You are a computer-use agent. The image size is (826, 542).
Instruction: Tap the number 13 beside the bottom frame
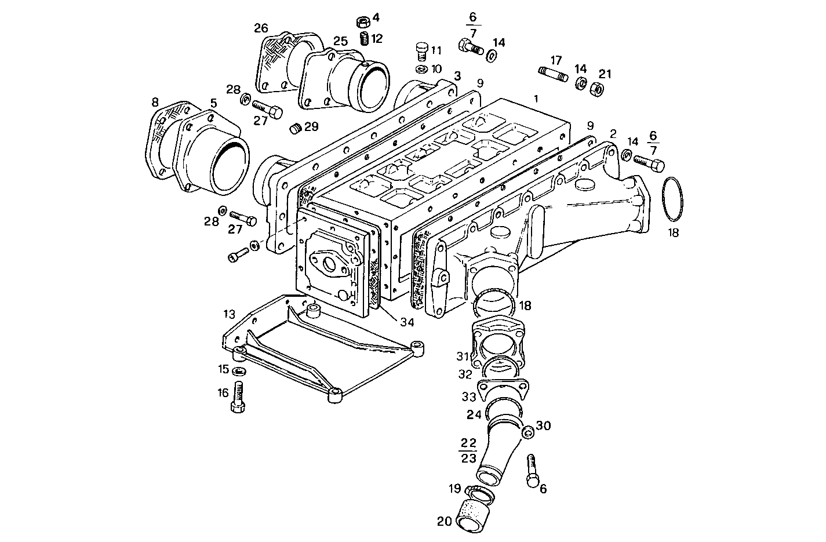click(x=229, y=314)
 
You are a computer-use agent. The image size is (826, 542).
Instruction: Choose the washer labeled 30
click(x=528, y=433)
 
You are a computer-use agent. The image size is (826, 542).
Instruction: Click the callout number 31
click(x=462, y=355)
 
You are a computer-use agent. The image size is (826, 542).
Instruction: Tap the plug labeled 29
click(x=295, y=128)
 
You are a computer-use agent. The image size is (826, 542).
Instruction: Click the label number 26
click(x=261, y=27)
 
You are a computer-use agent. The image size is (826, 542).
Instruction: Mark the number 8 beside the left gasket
click(x=155, y=102)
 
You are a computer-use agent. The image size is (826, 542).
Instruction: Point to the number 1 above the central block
click(x=536, y=99)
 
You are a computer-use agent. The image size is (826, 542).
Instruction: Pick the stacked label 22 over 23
click(x=468, y=450)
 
